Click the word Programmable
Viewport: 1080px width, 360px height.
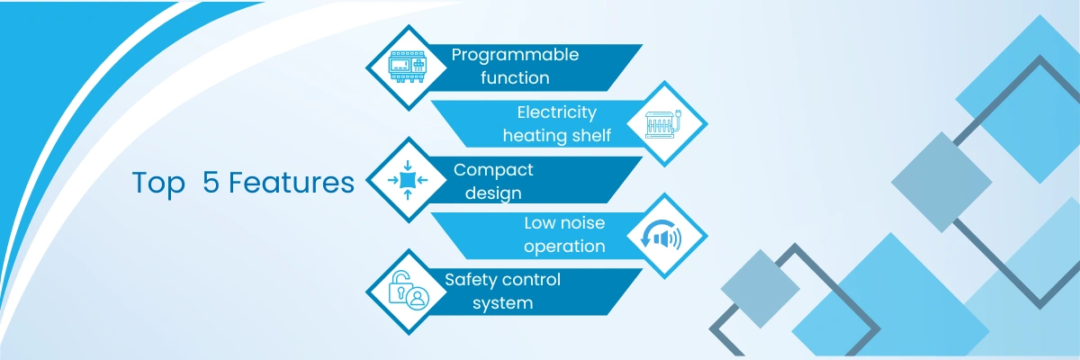[515, 56]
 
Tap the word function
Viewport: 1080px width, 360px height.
[515, 77]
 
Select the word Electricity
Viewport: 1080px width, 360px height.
[557, 112]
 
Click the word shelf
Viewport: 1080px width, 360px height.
[591, 135]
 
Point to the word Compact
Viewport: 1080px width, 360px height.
[493, 170]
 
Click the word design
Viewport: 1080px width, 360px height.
[493, 193]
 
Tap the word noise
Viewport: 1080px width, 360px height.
[581, 223]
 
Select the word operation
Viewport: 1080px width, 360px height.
[564, 247]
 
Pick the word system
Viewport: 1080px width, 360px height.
[503, 303]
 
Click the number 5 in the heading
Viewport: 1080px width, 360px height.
[211, 182]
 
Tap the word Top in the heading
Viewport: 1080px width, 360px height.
[158, 184]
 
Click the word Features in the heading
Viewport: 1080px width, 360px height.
[292, 183]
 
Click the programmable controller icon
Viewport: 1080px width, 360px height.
[408, 67]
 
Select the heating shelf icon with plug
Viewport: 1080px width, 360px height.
[663, 124]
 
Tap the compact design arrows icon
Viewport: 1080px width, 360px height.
[408, 180]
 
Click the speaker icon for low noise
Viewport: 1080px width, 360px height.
[661, 235]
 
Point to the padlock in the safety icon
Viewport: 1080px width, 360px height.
[400, 287]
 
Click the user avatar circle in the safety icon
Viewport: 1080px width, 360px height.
[418, 298]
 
